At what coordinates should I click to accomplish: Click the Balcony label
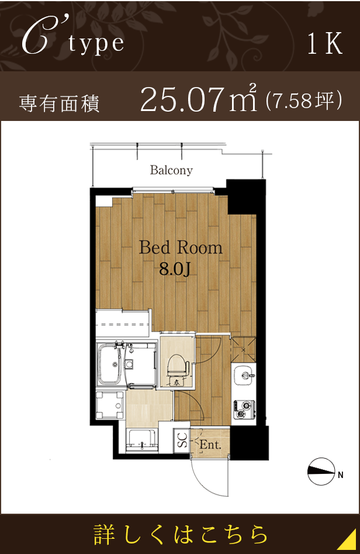(x=171, y=171)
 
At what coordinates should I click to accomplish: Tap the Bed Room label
(x=181, y=248)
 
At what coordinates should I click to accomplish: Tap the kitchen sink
(x=244, y=371)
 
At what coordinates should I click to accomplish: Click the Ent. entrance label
(x=209, y=445)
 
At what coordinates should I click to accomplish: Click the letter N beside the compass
(x=340, y=475)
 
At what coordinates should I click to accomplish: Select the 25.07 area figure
(x=182, y=100)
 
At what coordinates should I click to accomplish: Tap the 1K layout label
(x=325, y=45)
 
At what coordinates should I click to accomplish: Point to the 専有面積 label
(x=59, y=103)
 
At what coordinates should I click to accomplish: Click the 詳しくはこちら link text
(x=181, y=534)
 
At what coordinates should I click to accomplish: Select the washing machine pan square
(x=109, y=403)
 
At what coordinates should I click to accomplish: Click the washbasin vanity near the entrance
(x=140, y=439)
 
